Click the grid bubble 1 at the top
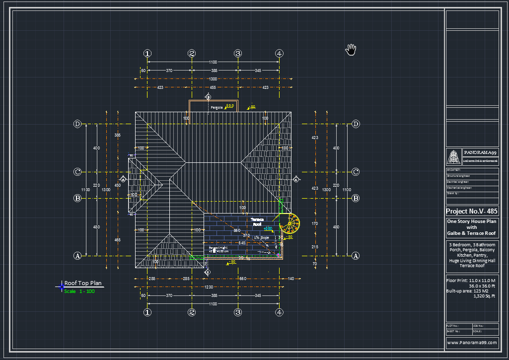click(147, 54)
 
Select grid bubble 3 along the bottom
click(238, 312)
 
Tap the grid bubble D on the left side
click(77, 124)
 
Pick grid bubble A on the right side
click(356, 256)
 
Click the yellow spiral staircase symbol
click(290, 223)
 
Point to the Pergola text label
click(217, 107)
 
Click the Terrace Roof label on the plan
click(257, 221)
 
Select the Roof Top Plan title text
click(83, 283)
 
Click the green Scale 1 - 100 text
click(79, 291)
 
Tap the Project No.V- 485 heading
click(472, 211)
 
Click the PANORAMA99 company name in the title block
click(480, 153)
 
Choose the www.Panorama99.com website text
click(472, 343)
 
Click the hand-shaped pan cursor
click(351, 49)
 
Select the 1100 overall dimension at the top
click(213, 62)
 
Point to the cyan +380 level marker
click(268, 229)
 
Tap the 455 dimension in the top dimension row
click(213, 87)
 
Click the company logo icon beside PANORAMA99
click(453, 156)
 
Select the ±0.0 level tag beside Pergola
click(229, 106)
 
